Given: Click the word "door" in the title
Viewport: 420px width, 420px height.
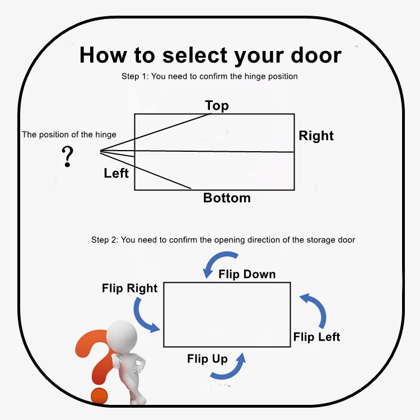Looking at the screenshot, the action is click(316, 55).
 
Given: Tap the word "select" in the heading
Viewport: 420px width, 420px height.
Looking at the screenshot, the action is click(195, 55).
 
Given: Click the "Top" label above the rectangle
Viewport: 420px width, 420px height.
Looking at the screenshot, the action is click(217, 105).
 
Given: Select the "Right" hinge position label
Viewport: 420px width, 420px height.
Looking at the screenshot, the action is click(316, 136).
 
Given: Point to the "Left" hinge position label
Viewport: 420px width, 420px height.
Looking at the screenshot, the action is click(116, 173).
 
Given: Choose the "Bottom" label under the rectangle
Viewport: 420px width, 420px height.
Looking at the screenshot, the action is click(227, 198).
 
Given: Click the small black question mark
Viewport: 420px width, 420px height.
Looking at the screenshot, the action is click(68, 156).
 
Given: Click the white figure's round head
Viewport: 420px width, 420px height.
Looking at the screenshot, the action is click(122, 336).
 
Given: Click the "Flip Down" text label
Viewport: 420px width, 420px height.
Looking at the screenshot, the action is click(247, 274).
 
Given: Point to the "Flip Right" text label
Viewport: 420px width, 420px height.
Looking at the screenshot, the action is click(130, 288).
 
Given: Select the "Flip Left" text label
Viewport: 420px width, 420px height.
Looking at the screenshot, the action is click(316, 337).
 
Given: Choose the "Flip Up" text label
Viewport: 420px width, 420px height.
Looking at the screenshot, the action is click(207, 359).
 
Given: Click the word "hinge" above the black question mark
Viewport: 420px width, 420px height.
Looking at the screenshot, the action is click(106, 134).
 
